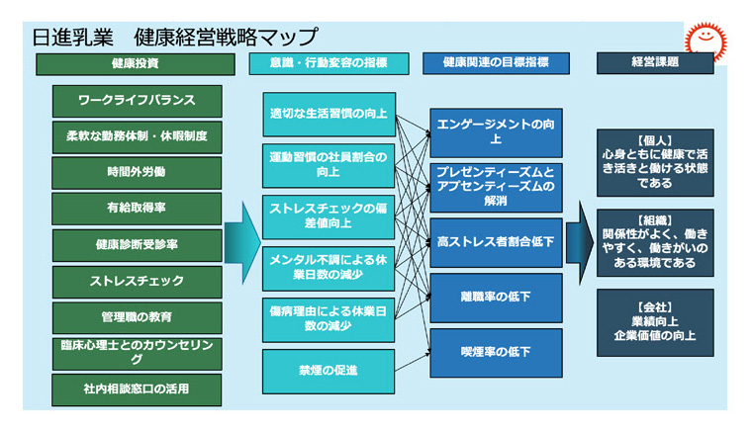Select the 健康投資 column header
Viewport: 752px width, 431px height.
136,63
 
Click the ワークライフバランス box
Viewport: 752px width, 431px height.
137,101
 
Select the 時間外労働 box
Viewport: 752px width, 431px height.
137,172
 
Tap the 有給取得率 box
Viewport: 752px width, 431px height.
137,209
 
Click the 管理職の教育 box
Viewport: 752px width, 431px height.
137,316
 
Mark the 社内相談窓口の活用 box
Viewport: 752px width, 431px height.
137,388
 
